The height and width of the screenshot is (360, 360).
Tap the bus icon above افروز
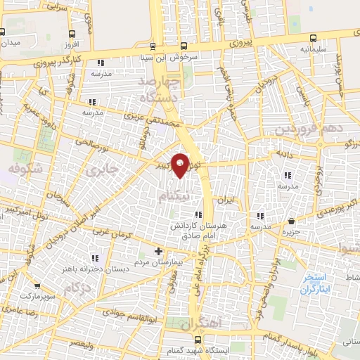tap(72, 33)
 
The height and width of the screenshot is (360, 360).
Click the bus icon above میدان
tap(3, 32)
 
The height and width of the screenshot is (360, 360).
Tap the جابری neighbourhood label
tap(99, 170)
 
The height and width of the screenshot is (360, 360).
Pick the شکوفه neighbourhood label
tap(22, 169)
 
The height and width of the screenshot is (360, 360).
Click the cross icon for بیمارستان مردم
tap(158, 251)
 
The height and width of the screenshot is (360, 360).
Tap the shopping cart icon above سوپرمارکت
tap(37, 285)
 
